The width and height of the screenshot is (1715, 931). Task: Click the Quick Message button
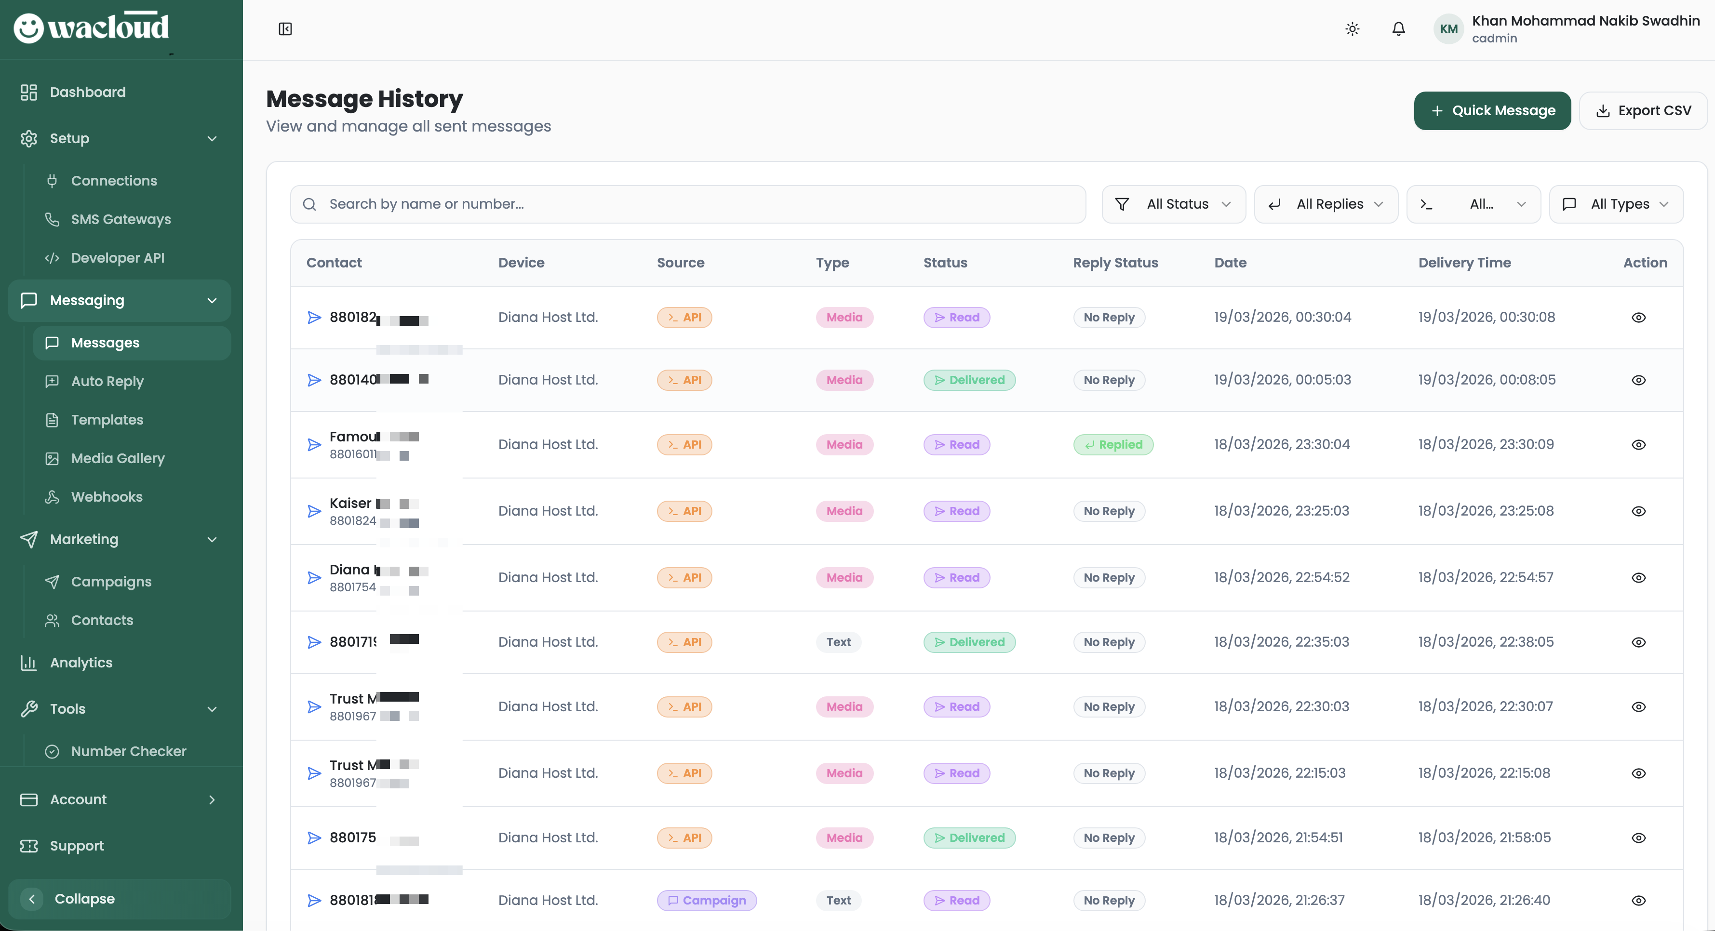[1491, 110]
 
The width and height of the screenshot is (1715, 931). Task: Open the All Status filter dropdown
[1173, 204]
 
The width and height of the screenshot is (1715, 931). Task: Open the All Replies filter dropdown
[1326, 204]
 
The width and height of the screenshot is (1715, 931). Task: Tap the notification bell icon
[1398, 28]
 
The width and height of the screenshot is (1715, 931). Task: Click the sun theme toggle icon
[1352, 28]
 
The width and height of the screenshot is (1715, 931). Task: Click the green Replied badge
[1113, 444]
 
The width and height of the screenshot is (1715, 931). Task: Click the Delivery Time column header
[1464, 263]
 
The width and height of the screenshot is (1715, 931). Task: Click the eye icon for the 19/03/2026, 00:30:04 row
[1638, 318]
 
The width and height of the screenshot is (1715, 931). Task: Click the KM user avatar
[1448, 28]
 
